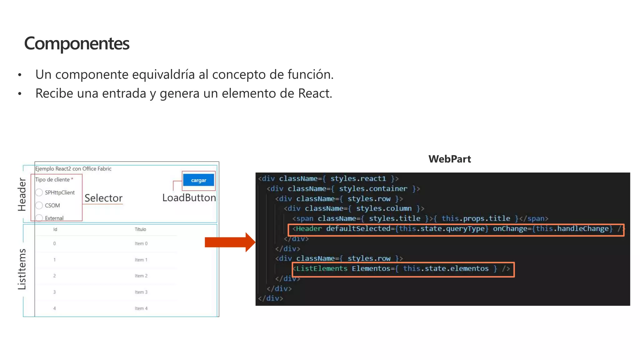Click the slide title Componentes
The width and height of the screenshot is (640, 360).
(x=77, y=43)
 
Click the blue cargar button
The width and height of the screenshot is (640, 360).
(x=198, y=180)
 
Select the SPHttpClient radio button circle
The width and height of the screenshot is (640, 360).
(x=39, y=192)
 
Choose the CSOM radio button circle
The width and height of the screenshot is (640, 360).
(x=39, y=205)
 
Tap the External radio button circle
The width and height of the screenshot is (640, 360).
(x=39, y=218)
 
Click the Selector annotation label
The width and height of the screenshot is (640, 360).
(x=103, y=198)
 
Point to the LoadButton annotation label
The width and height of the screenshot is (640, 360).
(x=189, y=197)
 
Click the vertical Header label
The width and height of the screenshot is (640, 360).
(x=22, y=194)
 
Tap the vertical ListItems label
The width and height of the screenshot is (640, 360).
(x=22, y=269)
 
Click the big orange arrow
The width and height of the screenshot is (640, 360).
(x=230, y=242)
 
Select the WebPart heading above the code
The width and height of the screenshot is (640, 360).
(x=449, y=159)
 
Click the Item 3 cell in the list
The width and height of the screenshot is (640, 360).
(x=141, y=292)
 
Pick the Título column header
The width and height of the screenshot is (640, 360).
(x=140, y=229)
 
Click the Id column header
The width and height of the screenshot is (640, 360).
(x=55, y=229)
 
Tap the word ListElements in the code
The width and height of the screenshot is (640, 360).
(x=322, y=269)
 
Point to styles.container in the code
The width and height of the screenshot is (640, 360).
(x=373, y=189)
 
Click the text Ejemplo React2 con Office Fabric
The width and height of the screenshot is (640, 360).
(x=73, y=169)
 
